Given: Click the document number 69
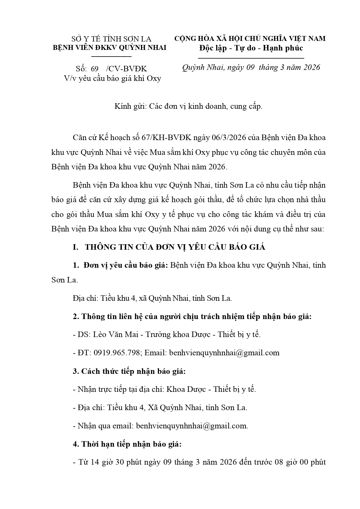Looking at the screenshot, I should pos(95,69).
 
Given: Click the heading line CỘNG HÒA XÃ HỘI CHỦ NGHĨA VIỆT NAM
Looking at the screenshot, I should pos(250,39).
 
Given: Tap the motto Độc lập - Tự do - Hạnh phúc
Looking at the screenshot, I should pos(251,48).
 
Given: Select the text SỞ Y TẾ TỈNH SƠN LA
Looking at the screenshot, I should pos(111,39).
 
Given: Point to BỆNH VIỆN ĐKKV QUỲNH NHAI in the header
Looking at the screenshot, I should pos(110,48).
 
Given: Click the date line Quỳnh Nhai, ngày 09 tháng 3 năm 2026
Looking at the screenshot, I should pos(251,68).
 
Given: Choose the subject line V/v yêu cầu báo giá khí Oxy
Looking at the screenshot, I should pos(113,78).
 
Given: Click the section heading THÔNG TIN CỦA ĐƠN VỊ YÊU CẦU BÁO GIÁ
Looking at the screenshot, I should pos(175,247).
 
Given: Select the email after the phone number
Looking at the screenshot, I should pos(224,353).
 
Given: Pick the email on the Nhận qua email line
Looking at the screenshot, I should pos(192,426).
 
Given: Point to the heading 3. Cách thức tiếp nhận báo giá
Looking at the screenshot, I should pos(129,371).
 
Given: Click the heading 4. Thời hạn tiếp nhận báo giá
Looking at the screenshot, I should pos(127,444).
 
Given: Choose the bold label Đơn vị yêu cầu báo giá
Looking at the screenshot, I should pos(126,265).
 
